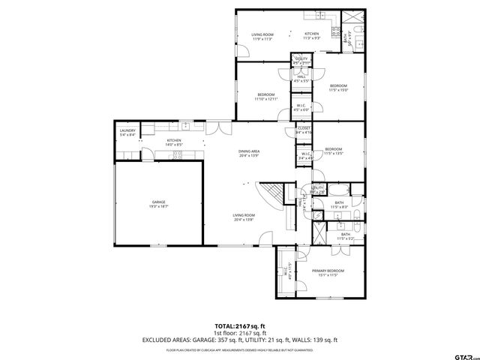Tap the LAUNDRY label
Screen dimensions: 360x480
pos(127,133)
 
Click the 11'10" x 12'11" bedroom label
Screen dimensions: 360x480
pos(266,96)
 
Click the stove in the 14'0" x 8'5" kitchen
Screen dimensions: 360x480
pos(178,155)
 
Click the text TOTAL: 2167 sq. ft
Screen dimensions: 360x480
pos(239,326)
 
